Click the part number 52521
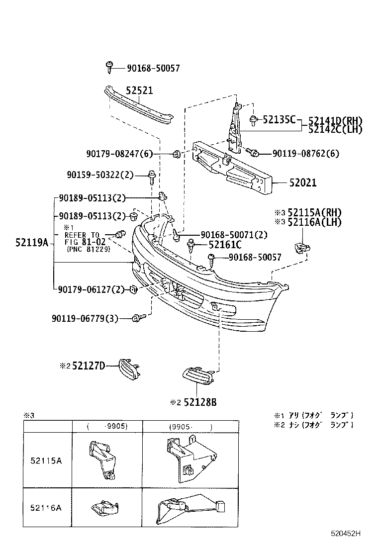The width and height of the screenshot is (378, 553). [139, 91]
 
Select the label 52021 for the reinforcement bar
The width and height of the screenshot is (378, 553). [303, 183]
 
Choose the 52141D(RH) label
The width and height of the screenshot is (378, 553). [335, 120]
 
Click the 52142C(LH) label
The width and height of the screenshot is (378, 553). [335, 129]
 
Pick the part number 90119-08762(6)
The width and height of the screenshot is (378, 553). [305, 154]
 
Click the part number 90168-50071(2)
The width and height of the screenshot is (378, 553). [234, 234]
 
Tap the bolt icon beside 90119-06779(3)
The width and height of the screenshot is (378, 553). [138, 317]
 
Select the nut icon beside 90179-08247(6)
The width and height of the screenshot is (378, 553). [176, 154]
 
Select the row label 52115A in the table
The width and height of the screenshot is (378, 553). [45, 461]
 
